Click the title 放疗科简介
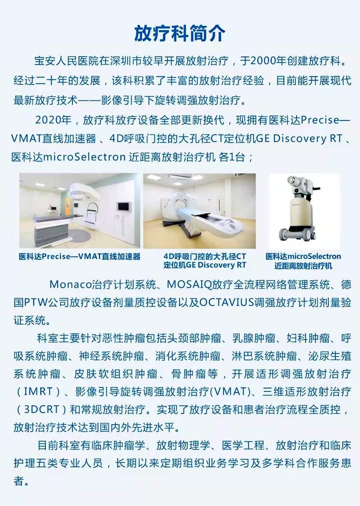180,33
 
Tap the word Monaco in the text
70,285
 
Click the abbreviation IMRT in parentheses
38,391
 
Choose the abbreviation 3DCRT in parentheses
42,409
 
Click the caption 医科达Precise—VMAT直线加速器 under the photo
80,256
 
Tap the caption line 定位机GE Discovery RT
205,265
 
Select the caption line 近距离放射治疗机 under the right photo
303,265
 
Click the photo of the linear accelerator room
80,211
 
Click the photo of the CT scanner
199,211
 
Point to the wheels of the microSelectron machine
297,233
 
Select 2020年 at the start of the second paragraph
53,120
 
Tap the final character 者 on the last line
19,481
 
